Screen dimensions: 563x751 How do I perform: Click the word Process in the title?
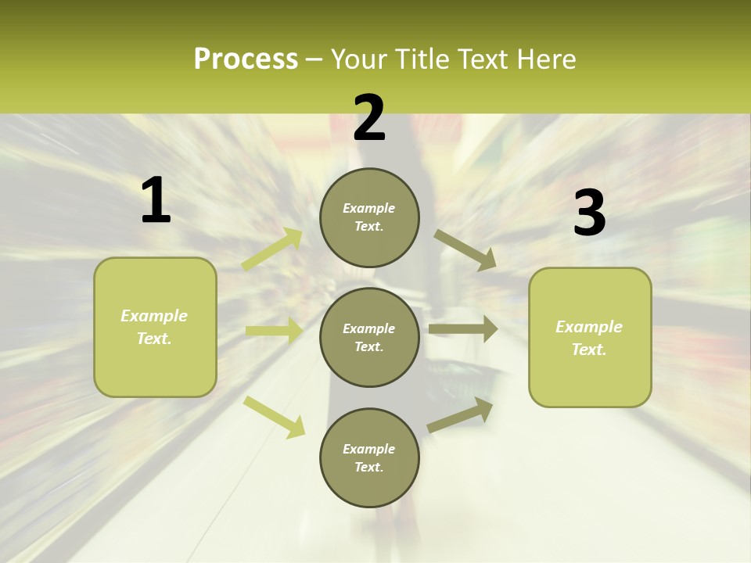coord(246,59)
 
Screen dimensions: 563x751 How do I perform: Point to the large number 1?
coord(156,201)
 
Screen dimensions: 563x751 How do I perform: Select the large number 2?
coord(369,118)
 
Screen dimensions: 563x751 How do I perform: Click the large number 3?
coord(589,213)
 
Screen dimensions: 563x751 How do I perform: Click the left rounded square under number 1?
coord(155,327)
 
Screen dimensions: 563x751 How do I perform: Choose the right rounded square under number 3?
coord(590,337)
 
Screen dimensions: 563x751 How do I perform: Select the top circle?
coord(369,217)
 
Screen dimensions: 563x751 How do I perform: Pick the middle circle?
coord(369,337)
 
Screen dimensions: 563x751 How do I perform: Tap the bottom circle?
coord(369,457)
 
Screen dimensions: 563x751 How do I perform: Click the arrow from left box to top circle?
coord(273,249)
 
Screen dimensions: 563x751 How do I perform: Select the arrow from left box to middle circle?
coord(274,331)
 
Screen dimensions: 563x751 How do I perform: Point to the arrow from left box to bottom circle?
coord(275,416)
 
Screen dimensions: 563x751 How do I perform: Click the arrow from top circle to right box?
coord(465,249)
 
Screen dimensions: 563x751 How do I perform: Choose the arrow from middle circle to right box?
coord(463,329)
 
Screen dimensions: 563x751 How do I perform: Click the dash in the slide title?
coord(314,59)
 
